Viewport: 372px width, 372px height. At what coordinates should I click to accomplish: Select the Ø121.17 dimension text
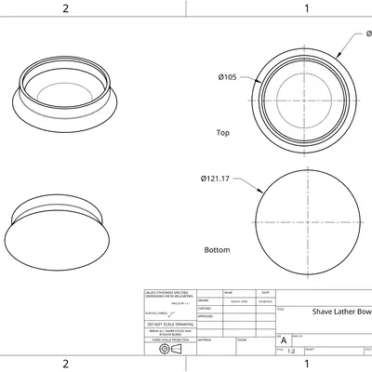tap(215, 179)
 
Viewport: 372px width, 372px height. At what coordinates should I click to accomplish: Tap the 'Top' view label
tap(222, 133)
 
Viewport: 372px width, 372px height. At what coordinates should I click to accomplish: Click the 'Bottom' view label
tap(217, 250)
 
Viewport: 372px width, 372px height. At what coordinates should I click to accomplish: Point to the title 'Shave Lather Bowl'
tap(341, 312)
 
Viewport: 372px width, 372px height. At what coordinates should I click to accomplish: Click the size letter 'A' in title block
tap(284, 340)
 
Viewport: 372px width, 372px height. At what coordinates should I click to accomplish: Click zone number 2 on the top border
tap(65, 8)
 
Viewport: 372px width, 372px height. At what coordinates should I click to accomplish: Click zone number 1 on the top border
tap(307, 8)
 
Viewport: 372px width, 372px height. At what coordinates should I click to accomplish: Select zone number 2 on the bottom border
tap(65, 364)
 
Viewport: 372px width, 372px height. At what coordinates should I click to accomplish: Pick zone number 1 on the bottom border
tap(307, 364)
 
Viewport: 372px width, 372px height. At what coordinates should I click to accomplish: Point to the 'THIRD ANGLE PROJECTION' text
tap(169, 340)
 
